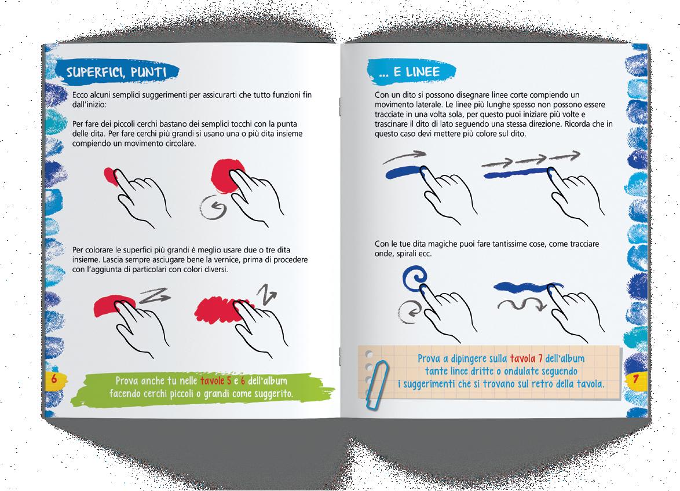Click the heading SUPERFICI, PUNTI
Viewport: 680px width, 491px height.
pos(116,72)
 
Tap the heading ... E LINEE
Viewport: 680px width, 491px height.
pos(410,72)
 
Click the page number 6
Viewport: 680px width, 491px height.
pos(54,378)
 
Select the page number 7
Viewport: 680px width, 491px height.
pos(635,379)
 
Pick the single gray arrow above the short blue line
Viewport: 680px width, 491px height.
pos(405,157)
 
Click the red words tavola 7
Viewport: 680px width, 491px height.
pos(526,358)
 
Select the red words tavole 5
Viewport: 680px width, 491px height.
pos(215,380)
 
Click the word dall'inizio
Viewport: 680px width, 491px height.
pos(89,104)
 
